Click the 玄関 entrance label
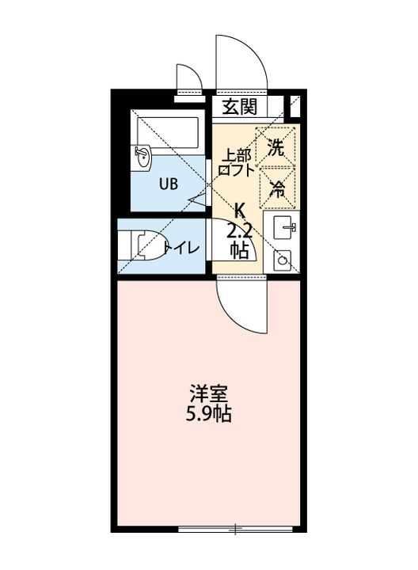(x=240, y=106)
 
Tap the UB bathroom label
(x=168, y=185)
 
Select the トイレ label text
(x=181, y=248)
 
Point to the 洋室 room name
(x=209, y=393)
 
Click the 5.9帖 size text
(x=209, y=413)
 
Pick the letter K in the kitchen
(x=241, y=211)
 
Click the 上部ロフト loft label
(x=236, y=161)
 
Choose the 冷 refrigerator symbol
(x=277, y=188)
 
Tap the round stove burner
(x=283, y=259)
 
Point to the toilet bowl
(x=144, y=246)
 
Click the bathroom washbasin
(x=144, y=158)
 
